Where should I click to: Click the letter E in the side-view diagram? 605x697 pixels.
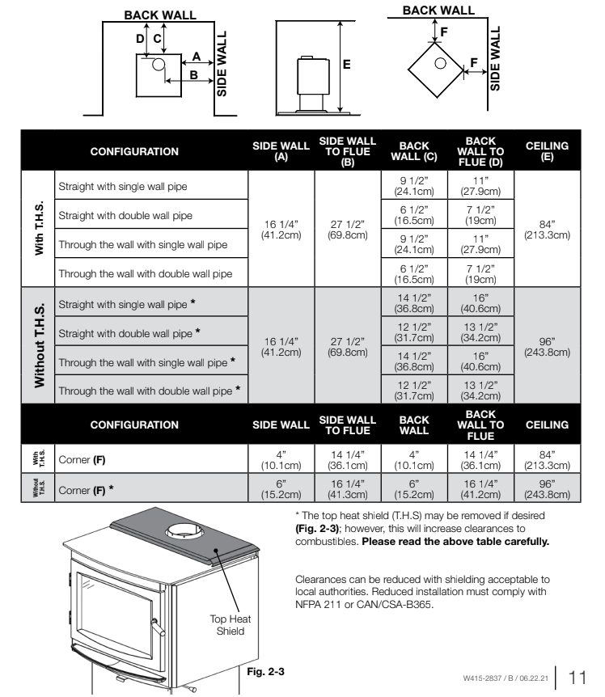tap(346, 66)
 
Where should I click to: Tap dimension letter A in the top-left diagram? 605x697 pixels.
tap(196, 56)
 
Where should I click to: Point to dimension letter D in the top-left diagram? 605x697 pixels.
tap(138, 37)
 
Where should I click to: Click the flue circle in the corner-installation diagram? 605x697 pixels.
tap(442, 63)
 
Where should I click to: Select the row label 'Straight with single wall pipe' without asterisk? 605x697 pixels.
tap(123, 187)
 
